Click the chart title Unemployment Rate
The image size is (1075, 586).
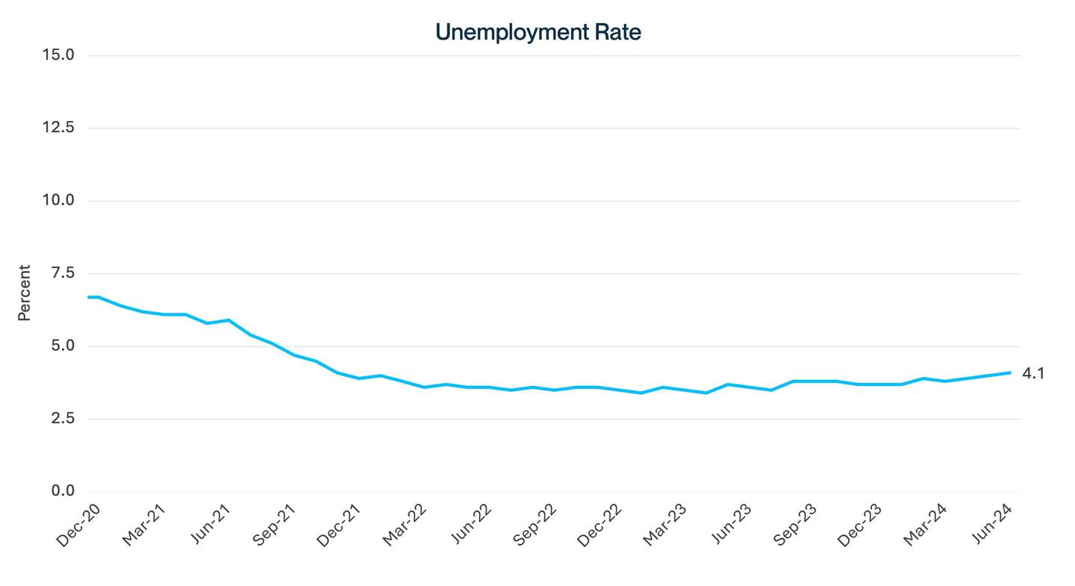[537, 32]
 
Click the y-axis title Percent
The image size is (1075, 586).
[25, 293]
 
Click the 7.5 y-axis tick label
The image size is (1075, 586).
[63, 273]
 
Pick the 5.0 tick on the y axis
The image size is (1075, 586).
[63, 346]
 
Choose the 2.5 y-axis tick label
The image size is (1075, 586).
[63, 419]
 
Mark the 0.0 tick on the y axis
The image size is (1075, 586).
[63, 491]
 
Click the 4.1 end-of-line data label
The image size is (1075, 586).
[1033, 373]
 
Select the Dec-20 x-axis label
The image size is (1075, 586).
[78, 526]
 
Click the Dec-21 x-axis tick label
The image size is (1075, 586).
[339, 526]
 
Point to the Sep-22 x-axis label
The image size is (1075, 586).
[535, 526]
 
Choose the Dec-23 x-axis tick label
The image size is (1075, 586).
[859, 526]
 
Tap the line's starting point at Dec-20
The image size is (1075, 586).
[88, 297]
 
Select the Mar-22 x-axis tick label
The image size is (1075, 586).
[405, 526]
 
